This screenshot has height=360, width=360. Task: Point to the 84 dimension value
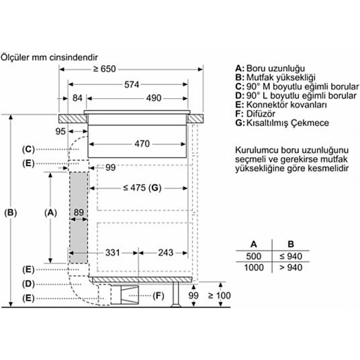pyautogui.click(x=78, y=98)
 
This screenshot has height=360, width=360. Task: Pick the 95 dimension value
pyautogui.click(x=61, y=132)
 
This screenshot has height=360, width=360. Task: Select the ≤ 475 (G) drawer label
pyautogui.click(x=142, y=188)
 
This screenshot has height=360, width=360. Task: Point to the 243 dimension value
pyautogui.click(x=166, y=253)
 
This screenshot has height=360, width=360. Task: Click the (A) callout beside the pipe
pyautogui.click(x=50, y=212)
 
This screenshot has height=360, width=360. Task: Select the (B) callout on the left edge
pyautogui.click(x=10, y=212)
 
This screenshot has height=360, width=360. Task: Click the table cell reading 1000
pyautogui.click(x=254, y=267)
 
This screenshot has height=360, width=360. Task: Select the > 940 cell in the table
pyautogui.click(x=291, y=267)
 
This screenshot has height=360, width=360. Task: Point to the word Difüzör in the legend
pyautogui.click(x=261, y=114)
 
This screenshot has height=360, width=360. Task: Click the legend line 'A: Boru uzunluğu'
pyautogui.click(x=270, y=68)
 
